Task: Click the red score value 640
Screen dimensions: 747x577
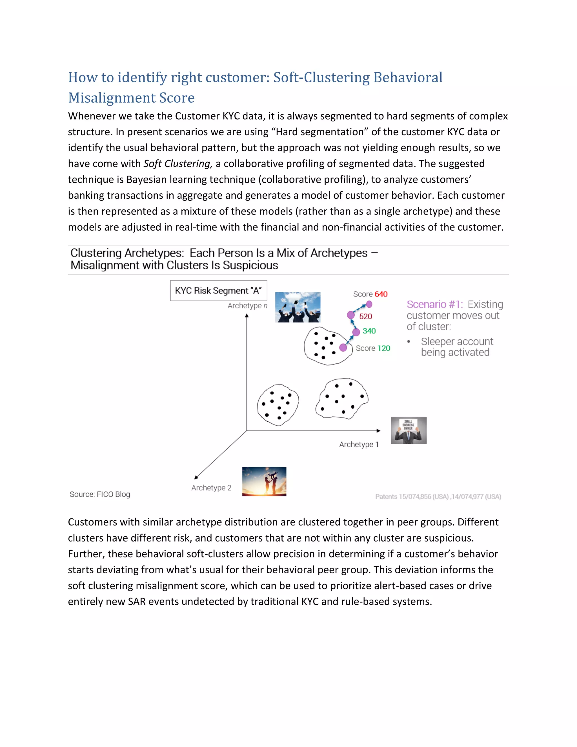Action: (x=381, y=294)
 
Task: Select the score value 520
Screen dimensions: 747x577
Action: (x=365, y=316)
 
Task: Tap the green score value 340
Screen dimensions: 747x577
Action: (x=369, y=331)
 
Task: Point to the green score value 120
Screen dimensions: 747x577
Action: (x=383, y=348)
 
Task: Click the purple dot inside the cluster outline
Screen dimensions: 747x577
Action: (x=343, y=348)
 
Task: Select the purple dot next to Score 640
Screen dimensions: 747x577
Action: (x=369, y=304)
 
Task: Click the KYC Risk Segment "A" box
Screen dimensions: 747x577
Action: (x=218, y=291)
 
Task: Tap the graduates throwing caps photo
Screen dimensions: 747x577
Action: (x=298, y=307)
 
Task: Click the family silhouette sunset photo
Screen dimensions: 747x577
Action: (x=264, y=481)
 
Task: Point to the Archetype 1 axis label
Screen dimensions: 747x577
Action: (x=359, y=444)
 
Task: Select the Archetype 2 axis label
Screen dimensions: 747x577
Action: (x=211, y=488)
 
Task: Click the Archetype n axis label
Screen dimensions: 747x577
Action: (x=247, y=306)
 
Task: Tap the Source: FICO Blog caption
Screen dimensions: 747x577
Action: (x=100, y=494)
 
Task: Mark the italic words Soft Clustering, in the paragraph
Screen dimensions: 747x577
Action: (x=178, y=164)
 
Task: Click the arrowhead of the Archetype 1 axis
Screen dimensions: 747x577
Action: (x=378, y=431)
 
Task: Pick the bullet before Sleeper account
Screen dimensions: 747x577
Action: (x=409, y=342)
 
